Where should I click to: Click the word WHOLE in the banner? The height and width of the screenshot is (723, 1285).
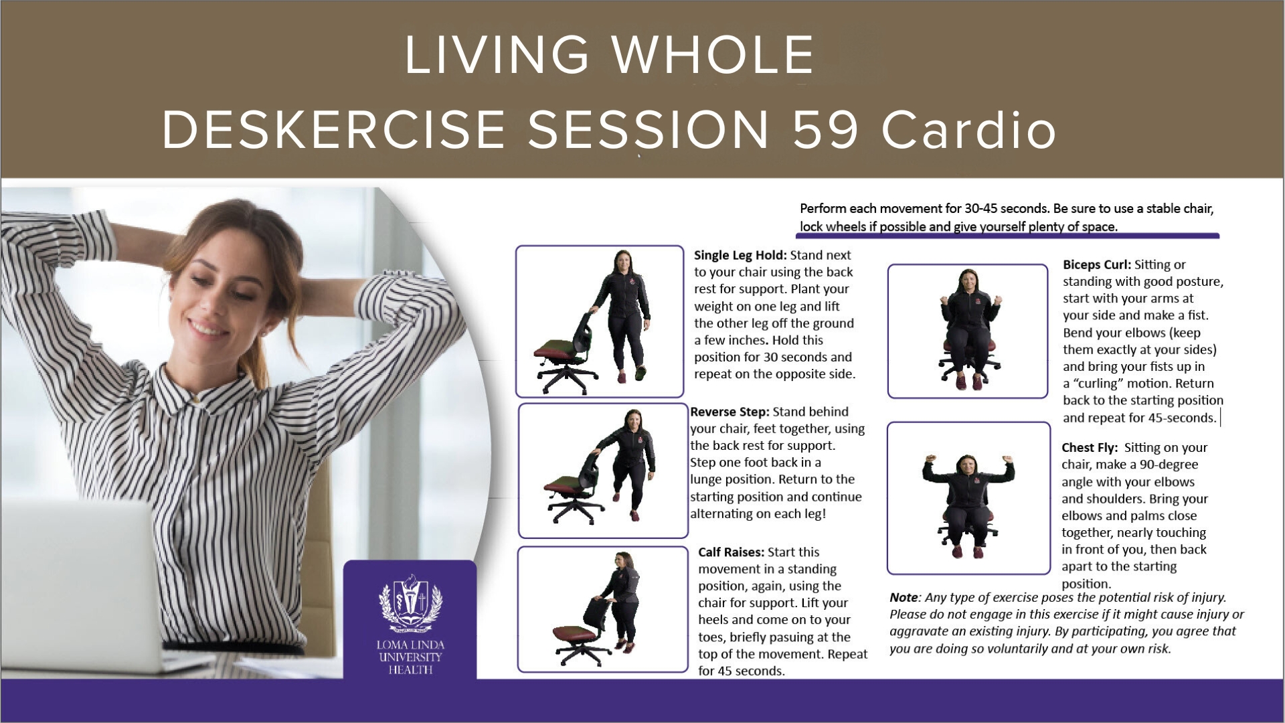[713, 54]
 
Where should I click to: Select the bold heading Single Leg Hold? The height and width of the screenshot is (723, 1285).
[740, 255]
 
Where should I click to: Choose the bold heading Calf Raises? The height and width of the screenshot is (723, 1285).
[730, 552]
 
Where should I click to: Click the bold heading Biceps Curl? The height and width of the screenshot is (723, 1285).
[1096, 264]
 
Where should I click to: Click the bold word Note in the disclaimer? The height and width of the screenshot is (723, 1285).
[904, 598]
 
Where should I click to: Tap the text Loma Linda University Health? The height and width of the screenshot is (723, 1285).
[410, 657]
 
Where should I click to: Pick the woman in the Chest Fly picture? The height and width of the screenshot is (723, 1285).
[968, 505]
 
